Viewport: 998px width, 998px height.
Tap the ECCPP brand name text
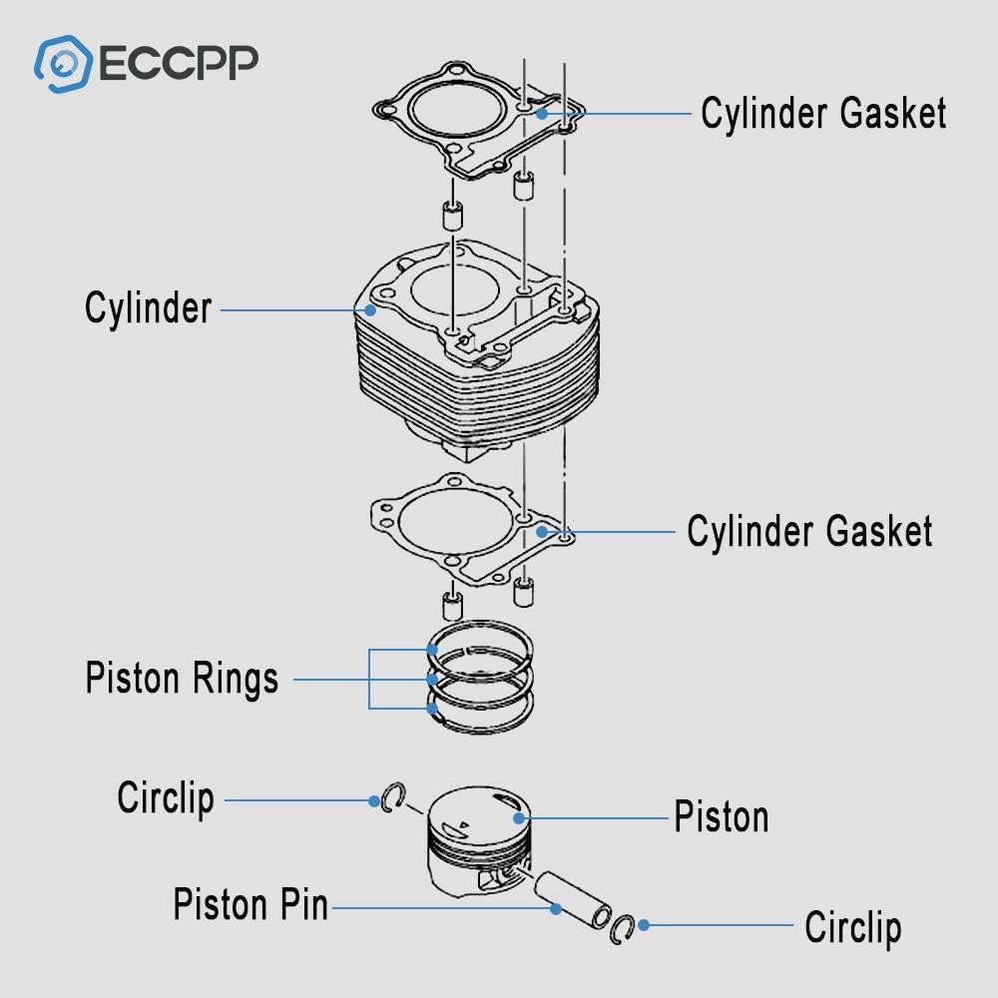[178, 62]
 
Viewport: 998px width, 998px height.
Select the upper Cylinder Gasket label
[823, 113]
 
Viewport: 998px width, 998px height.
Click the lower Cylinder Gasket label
[809, 531]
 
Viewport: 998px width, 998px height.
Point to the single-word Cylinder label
[148, 308]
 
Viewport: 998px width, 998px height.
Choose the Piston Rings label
[182, 679]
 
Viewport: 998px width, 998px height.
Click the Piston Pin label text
[250, 904]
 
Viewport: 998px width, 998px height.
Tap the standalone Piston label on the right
[722, 816]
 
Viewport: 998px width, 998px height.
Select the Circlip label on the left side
[166, 798]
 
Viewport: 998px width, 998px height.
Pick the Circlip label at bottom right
[853, 927]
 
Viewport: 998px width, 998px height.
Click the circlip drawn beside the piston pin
[621, 926]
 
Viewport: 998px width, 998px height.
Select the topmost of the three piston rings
[478, 642]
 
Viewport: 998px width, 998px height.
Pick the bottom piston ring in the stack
[480, 711]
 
